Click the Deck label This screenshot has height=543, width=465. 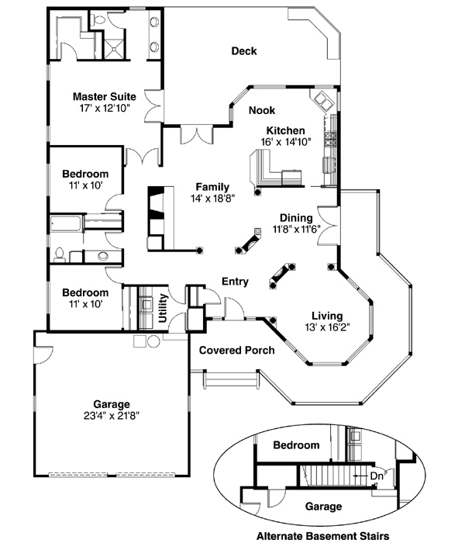[x=244, y=52]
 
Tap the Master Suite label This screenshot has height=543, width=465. [x=100, y=97]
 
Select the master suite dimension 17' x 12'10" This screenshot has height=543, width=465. [x=100, y=109]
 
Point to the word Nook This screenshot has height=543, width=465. [x=261, y=111]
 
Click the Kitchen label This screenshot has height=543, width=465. [x=286, y=130]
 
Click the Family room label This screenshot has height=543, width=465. [x=212, y=186]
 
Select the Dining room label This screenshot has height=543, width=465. [x=296, y=218]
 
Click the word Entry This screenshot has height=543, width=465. [x=235, y=282]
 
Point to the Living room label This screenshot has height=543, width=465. [x=328, y=316]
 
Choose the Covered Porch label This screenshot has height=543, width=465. [x=237, y=351]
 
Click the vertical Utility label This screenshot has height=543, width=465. [x=164, y=308]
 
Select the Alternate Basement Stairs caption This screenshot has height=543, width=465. [x=322, y=535]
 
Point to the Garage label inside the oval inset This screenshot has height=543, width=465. [x=318, y=507]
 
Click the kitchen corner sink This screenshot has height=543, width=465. [x=322, y=101]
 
